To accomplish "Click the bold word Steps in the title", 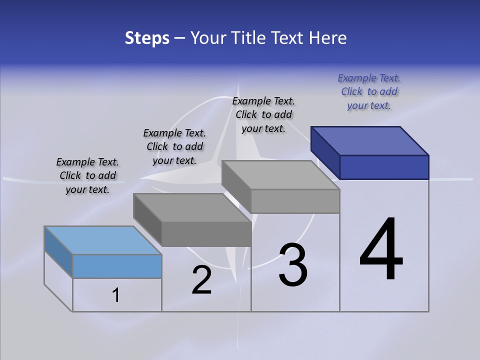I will coord(147,38).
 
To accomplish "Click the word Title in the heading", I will coord(247,38).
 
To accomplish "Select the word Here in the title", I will coord(327,38).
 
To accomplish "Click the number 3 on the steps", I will coord(293,265).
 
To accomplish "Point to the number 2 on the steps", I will coord(202,280).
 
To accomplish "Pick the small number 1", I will coord(116,295).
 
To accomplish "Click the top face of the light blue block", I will coord(103,240).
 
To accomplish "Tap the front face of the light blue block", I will coord(117,266).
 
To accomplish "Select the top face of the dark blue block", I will coord(370,140).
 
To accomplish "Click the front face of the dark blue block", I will coord(384,167).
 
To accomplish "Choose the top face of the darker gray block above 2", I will coord(192,207).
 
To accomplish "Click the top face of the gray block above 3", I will coord(280,175).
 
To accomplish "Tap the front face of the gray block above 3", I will coord(295,201).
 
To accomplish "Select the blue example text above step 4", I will coord(369,92).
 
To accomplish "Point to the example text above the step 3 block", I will coord(263,114).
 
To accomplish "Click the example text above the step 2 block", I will coord(174,146).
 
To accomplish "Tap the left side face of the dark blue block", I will coord(325,153).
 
